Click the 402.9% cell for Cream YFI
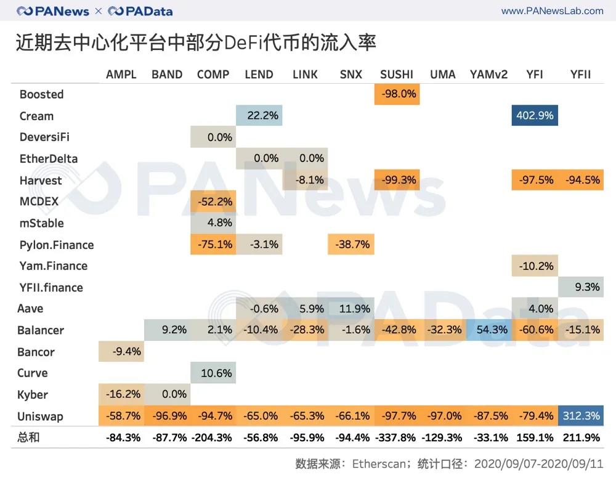point(535,115)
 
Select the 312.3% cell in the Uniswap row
point(581,416)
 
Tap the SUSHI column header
point(397,74)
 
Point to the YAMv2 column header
point(488,74)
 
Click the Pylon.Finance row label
point(57,245)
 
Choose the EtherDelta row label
point(49,158)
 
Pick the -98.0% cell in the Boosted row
point(397,94)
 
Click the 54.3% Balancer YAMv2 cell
point(489,330)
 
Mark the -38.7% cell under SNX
point(351,245)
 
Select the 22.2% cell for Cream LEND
point(259,115)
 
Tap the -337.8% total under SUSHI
point(397,438)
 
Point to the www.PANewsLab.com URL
point(552,11)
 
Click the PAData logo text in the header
point(147,11)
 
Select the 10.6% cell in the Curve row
point(214,373)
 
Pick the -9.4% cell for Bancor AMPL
point(121,352)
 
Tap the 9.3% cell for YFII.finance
point(581,287)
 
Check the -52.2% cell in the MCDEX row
point(214,202)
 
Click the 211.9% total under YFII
point(581,438)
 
